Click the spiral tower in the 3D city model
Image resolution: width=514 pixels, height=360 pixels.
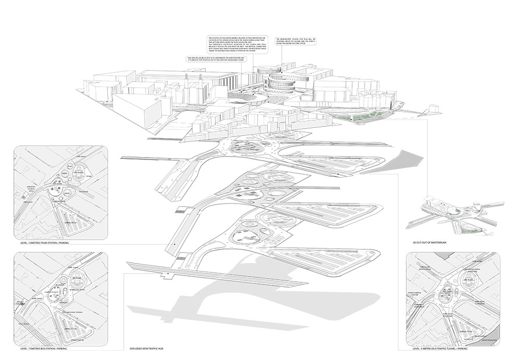tap(282, 81)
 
